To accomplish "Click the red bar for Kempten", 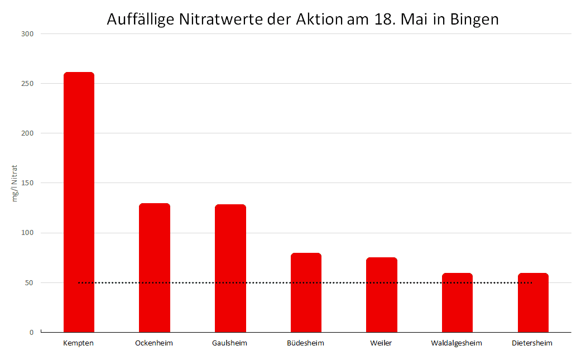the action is [79, 202].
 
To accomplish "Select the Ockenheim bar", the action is [155, 268].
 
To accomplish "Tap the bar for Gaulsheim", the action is [230, 268].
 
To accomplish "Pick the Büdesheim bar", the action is [306, 292].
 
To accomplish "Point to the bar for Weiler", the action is [382, 295].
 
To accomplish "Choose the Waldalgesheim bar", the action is [458, 303].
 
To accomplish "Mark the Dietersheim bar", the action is [534, 303].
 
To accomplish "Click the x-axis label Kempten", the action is [79, 343].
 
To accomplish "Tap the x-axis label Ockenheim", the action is [154, 343].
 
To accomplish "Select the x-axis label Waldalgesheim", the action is [457, 343].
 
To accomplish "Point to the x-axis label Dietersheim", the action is [532, 343].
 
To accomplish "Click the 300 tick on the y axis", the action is [27, 33].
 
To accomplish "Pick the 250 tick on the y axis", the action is [27, 83].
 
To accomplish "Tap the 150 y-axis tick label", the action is [27, 183].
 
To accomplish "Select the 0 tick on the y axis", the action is [31, 332].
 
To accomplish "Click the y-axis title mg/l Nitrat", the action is [15, 183].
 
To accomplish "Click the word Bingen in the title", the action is [474, 20].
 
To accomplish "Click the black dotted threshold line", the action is [305, 282].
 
